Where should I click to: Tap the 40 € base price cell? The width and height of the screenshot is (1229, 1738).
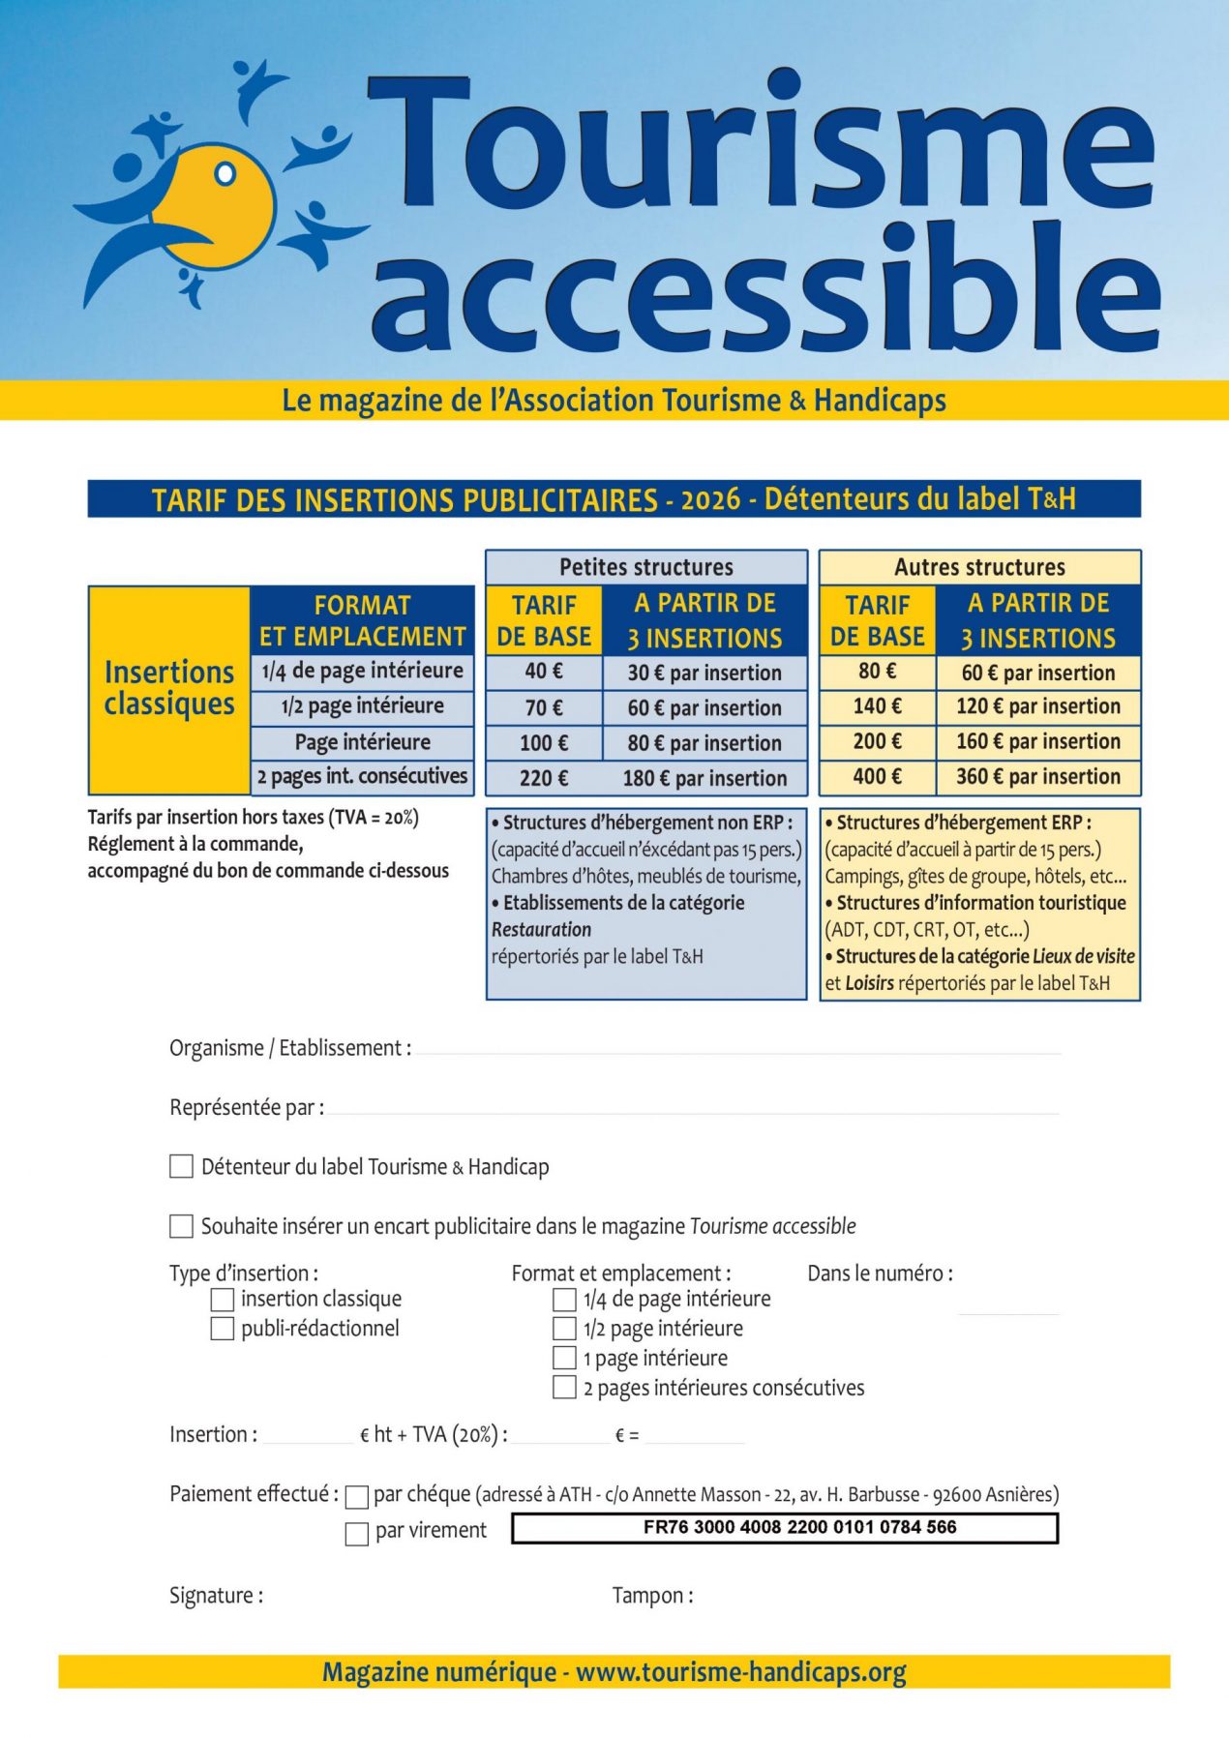point(544,672)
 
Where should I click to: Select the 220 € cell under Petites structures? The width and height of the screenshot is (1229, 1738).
point(544,778)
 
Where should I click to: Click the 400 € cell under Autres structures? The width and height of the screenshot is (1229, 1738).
point(877,776)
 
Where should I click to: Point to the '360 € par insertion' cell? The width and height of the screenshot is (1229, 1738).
point(1038,776)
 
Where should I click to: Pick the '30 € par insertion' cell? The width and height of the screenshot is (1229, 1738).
point(704,673)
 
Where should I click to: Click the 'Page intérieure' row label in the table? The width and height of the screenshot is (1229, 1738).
point(363,742)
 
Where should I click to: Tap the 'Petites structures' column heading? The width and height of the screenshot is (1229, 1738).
point(646,567)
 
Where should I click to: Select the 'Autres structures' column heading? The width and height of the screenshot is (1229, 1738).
point(979,567)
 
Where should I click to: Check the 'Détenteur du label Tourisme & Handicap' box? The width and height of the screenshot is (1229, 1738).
point(181,1166)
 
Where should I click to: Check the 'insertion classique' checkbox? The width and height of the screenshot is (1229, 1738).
point(223,1299)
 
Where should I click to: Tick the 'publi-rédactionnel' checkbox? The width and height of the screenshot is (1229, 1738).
point(223,1329)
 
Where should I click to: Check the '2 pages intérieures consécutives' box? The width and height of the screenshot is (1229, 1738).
point(564,1388)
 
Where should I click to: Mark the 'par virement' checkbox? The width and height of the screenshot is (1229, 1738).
point(357,1534)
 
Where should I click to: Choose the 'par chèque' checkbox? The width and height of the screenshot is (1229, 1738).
point(357,1497)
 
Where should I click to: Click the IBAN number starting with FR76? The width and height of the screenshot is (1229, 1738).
point(799,1527)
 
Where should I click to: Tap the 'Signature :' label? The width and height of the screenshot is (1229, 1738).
point(216,1596)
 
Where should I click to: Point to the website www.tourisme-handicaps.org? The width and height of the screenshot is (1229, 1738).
point(741,1672)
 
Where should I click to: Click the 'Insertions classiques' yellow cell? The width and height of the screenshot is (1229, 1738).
point(169,688)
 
